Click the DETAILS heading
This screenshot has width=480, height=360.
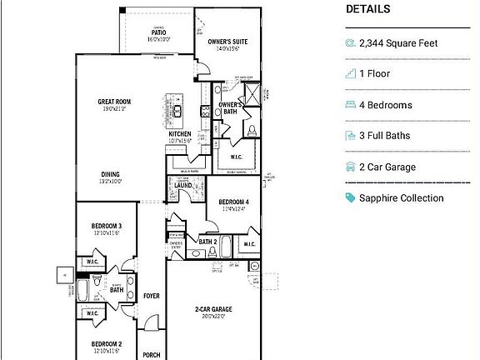click(x=367, y=9)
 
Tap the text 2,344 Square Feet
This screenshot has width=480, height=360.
click(x=398, y=42)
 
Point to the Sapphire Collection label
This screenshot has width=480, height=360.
click(x=401, y=198)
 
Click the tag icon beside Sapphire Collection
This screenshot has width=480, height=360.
click(x=350, y=198)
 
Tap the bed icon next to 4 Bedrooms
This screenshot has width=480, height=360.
click(x=350, y=105)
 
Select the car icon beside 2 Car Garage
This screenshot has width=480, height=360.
click(x=350, y=167)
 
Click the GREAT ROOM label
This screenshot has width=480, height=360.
click(x=114, y=102)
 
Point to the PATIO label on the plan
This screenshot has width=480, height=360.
click(x=158, y=32)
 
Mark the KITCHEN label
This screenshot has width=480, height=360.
click(x=180, y=134)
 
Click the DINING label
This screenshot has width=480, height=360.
click(x=111, y=175)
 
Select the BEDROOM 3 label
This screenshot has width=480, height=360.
click(x=107, y=226)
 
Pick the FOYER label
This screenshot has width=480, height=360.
click(x=151, y=296)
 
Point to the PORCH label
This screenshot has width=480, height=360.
click(x=151, y=354)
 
